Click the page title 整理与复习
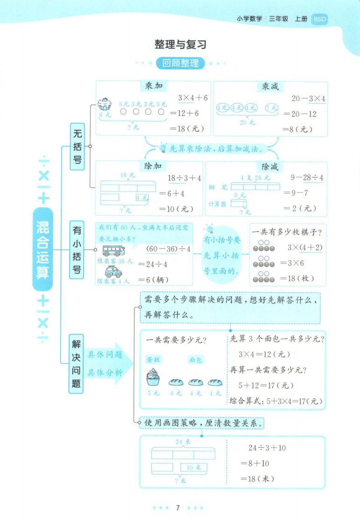pos(180,44)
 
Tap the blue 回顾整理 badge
pos(180,63)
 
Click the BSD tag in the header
pos(319,19)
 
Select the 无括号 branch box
pos(77,146)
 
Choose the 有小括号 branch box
pos(77,250)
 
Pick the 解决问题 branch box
pos(76,364)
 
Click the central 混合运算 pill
pos(42,249)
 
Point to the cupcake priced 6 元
pos(104,104)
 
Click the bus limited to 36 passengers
pos(113,251)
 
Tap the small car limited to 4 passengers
pos(113,272)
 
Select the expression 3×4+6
pos(193,98)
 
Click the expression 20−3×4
pos(308,99)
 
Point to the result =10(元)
pos(176,209)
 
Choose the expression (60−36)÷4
pos(169,249)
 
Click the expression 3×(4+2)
pos(305,248)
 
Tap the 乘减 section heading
pos(270,86)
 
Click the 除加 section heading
pos(153,166)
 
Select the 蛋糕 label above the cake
pos(154,360)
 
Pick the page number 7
pos(178,508)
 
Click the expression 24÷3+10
pos(267,448)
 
